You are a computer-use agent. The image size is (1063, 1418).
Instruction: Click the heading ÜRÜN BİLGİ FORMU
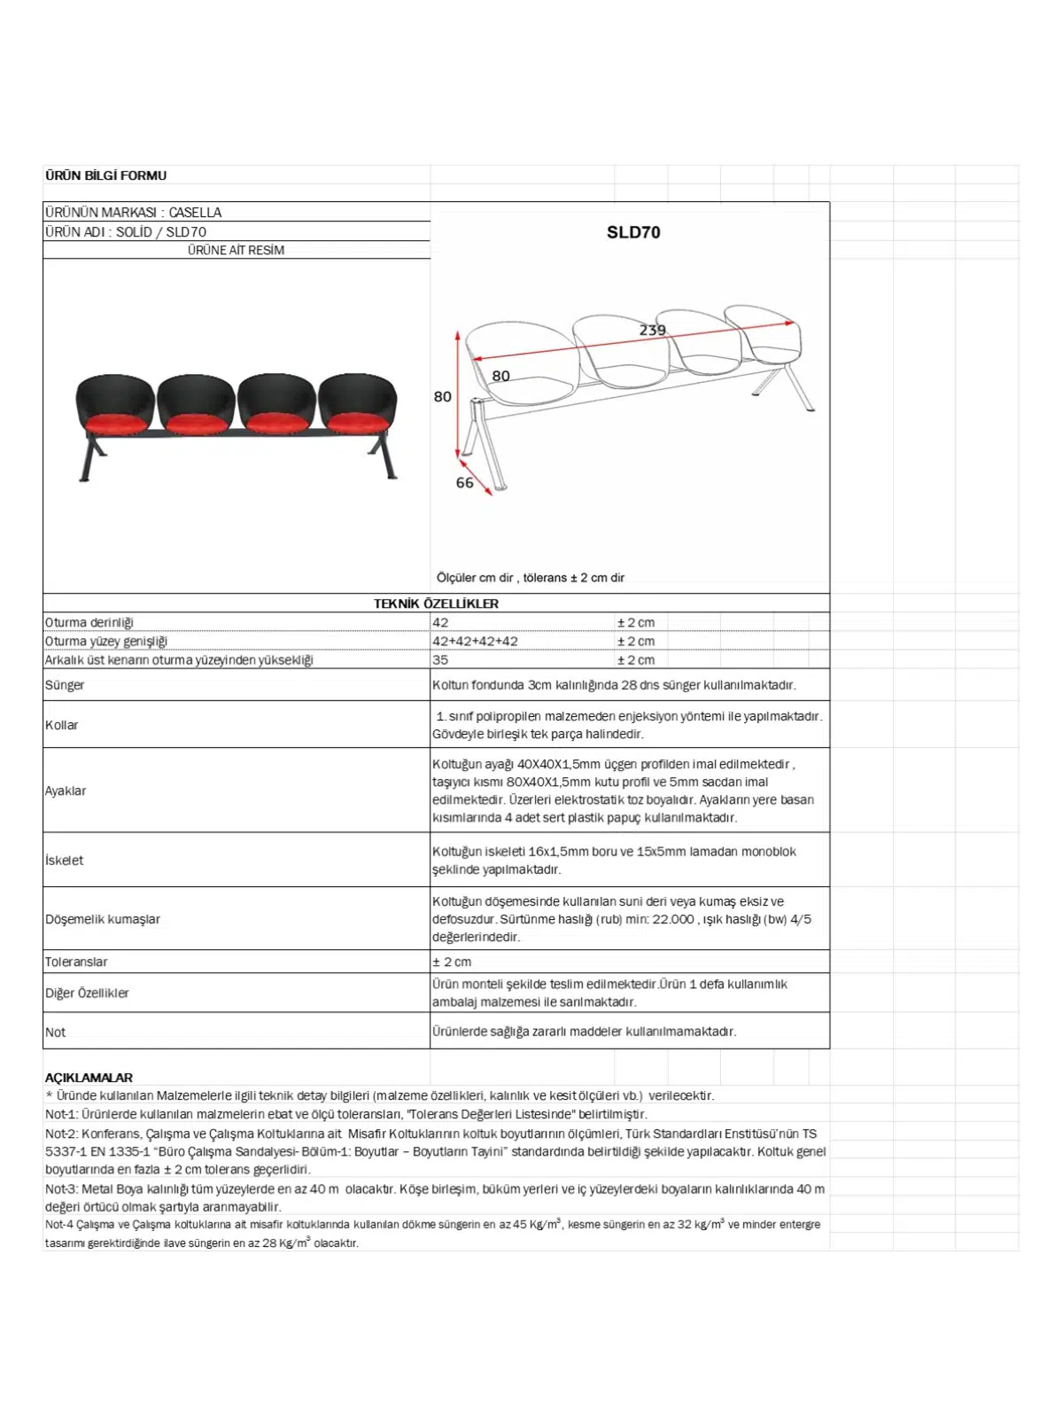(105, 175)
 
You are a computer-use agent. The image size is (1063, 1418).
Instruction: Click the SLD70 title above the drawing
(632, 232)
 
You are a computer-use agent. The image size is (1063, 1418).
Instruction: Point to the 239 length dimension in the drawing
(652, 331)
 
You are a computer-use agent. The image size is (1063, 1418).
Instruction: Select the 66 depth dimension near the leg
(464, 483)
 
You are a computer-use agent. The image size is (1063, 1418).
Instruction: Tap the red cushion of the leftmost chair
(115, 423)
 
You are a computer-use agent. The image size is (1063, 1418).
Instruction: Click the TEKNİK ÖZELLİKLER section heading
(436, 604)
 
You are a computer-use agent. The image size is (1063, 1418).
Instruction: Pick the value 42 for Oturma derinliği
(440, 623)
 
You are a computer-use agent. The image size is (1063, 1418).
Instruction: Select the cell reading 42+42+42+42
(475, 642)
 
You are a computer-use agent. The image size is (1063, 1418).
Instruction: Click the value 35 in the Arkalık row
(440, 660)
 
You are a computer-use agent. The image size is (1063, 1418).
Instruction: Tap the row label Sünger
(65, 685)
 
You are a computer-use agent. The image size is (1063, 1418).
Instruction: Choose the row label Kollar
(62, 725)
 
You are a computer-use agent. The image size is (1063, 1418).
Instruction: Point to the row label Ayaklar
(66, 791)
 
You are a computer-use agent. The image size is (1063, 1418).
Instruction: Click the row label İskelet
(64, 860)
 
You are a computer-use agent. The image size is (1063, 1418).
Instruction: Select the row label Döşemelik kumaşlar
(103, 919)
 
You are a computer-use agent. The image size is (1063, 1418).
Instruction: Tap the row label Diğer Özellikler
(87, 993)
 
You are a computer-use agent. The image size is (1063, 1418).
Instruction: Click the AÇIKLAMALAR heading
(89, 1078)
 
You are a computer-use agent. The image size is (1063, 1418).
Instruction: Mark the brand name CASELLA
(195, 213)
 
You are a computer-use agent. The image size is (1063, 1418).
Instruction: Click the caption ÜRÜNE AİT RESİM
(236, 251)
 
